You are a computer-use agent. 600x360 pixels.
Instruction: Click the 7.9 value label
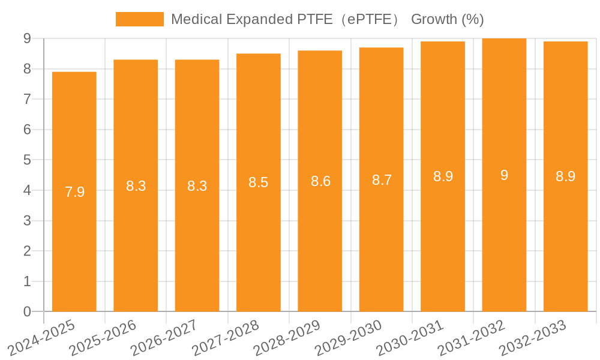click(x=74, y=192)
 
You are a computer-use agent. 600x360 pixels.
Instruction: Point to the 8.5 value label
click(x=259, y=182)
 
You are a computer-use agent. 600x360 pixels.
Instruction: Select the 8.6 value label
click(x=320, y=181)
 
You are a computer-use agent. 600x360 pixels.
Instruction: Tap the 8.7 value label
click(x=382, y=180)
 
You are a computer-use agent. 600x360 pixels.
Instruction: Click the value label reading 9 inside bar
click(x=504, y=175)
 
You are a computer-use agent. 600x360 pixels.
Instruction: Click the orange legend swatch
click(x=139, y=19)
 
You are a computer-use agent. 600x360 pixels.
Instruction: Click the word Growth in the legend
click(x=434, y=19)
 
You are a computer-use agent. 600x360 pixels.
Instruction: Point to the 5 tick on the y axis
click(x=27, y=160)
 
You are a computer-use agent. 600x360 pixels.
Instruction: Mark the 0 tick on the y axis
click(x=27, y=311)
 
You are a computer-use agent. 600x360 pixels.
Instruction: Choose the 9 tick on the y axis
click(x=27, y=38)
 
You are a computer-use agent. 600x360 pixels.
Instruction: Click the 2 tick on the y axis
click(x=27, y=251)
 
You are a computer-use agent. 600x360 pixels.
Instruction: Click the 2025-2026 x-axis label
click(x=103, y=338)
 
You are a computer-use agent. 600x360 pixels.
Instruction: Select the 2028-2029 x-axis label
click(x=287, y=338)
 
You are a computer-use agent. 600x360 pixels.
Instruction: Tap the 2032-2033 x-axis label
click(x=533, y=338)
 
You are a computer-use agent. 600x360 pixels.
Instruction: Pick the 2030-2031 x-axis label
click(x=410, y=338)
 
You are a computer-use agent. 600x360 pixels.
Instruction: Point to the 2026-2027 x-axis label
click(x=164, y=338)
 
